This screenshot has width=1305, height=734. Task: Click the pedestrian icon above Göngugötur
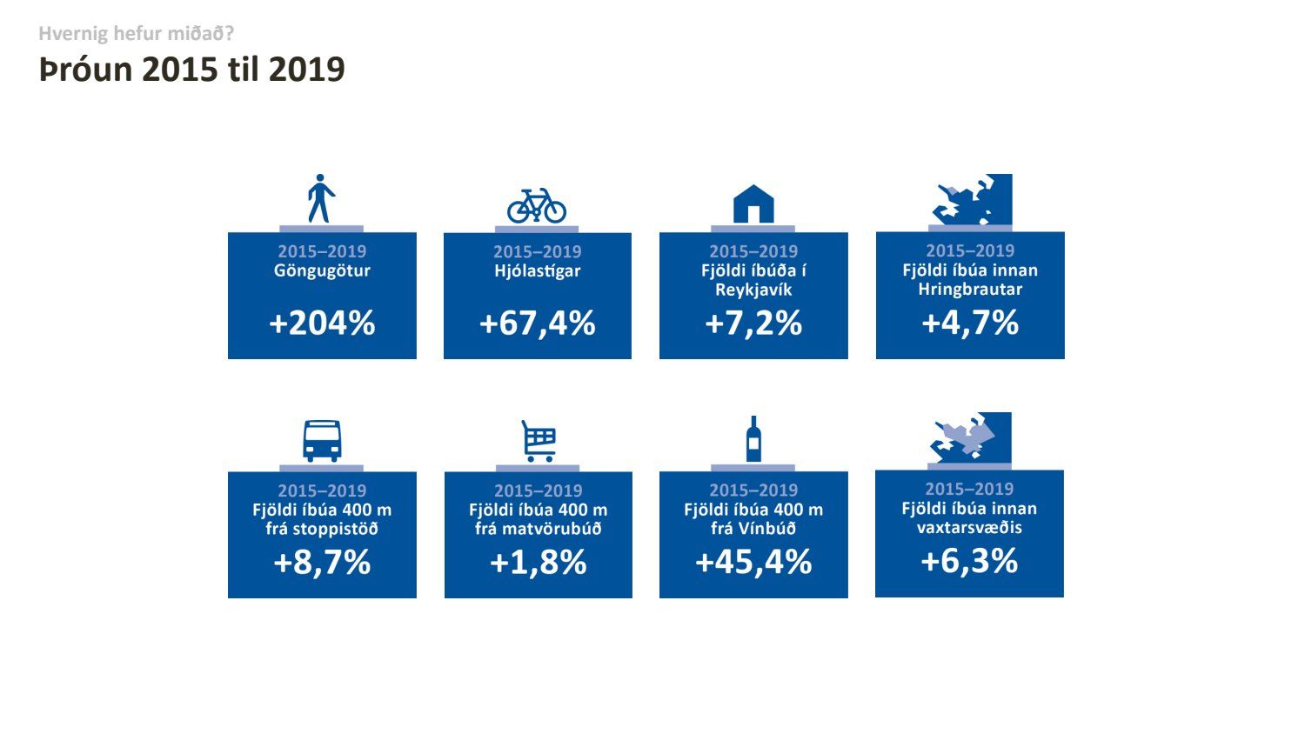(321, 198)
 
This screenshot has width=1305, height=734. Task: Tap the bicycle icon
(537, 206)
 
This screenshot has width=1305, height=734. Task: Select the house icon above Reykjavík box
(753, 204)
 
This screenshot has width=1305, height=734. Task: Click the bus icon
(322, 441)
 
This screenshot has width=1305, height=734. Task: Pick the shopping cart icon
(539, 441)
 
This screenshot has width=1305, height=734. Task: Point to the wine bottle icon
(753, 439)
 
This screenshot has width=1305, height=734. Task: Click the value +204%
(322, 324)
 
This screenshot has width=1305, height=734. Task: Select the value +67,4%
(538, 324)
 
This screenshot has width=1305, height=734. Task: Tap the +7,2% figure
(753, 324)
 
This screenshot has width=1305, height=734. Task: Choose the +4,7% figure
(970, 323)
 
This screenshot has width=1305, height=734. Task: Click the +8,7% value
(322, 563)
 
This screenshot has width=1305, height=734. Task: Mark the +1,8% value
(539, 563)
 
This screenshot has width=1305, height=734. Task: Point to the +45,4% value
(753, 563)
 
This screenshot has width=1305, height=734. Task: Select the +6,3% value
(969, 561)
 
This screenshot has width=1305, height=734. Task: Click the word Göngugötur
(322, 271)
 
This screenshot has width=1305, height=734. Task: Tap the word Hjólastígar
(538, 271)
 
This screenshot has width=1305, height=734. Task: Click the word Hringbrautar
(970, 290)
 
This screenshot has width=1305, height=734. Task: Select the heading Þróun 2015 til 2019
(192, 70)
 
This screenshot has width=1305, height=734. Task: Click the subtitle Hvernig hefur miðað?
(137, 34)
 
